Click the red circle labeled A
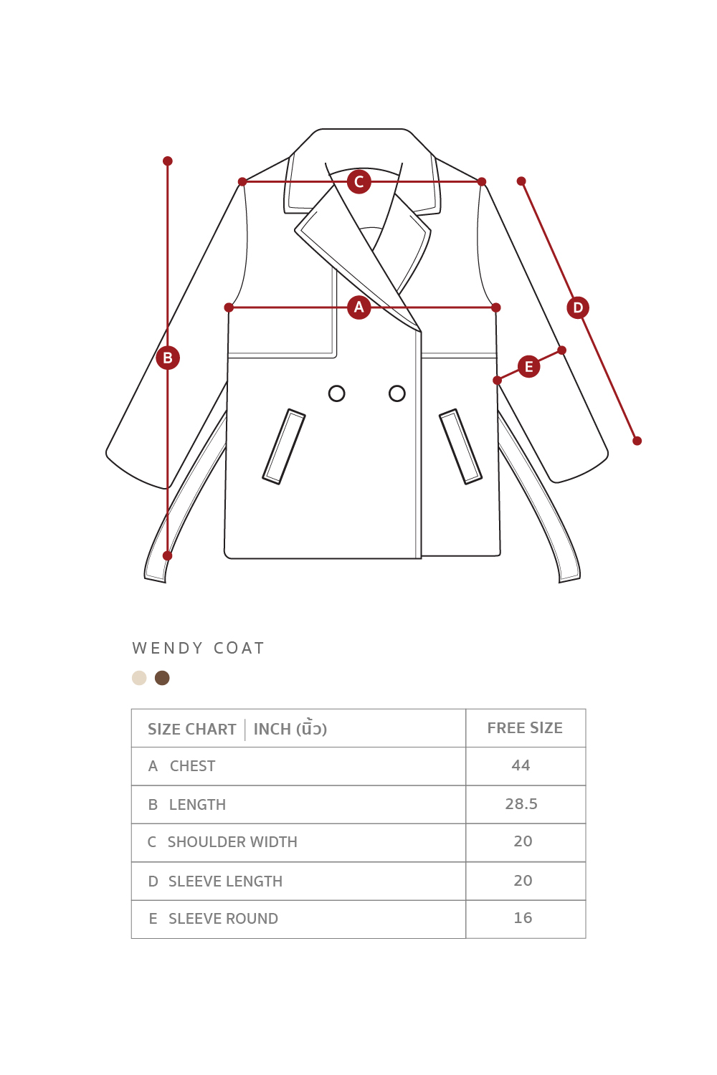coord(359,307)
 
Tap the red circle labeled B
coord(168,358)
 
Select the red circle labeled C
coord(359,182)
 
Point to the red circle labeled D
coord(578,307)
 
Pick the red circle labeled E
coord(529,367)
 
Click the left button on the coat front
coord(337,393)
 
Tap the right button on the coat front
coord(397,393)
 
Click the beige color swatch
coord(139,678)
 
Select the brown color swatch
coord(162,678)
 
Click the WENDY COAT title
coord(199,649)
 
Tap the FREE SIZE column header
coord(525,728)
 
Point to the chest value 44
coord(521,765)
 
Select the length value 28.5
coord(521,804)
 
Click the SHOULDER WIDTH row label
coord(232,842)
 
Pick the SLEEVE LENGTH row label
coord(225,881)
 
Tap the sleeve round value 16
coord(523,918)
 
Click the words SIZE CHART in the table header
coord(192,730)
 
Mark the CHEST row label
coord(192,766)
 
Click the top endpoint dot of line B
coord(168,161)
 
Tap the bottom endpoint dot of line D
coord(637,441)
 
